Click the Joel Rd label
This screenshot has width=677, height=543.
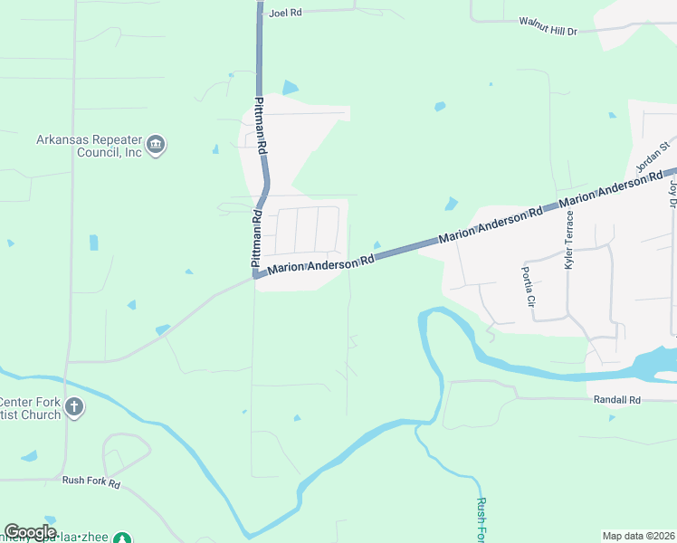tap(284, 14)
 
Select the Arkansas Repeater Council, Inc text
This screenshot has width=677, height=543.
tap(90, 146)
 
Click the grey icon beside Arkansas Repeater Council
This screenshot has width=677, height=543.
tap(156, 146)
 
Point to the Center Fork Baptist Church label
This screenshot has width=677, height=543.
tap(30, 408)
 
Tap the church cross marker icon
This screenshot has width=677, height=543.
tap(74, 408)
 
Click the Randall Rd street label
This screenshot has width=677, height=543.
tap(616, 399)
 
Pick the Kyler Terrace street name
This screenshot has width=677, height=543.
tap(569, 240)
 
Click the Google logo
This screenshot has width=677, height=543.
tap(30, 532)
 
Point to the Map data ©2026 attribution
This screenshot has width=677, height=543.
tap(637, 536)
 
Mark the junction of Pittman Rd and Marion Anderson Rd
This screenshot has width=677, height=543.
tap(256, 274)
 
